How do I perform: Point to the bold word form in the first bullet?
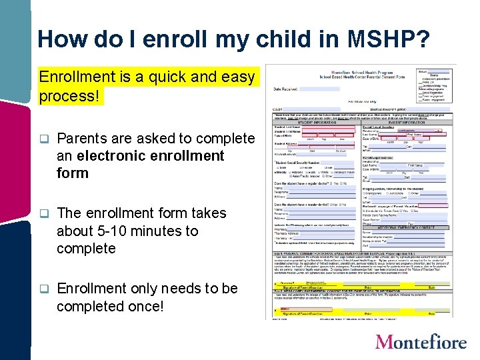click(x=73, y=173)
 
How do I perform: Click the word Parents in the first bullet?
click(x=82, y=139)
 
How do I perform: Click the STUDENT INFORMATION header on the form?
click(x=315, y=123)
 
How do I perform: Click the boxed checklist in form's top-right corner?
click(x=435, y=82)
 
